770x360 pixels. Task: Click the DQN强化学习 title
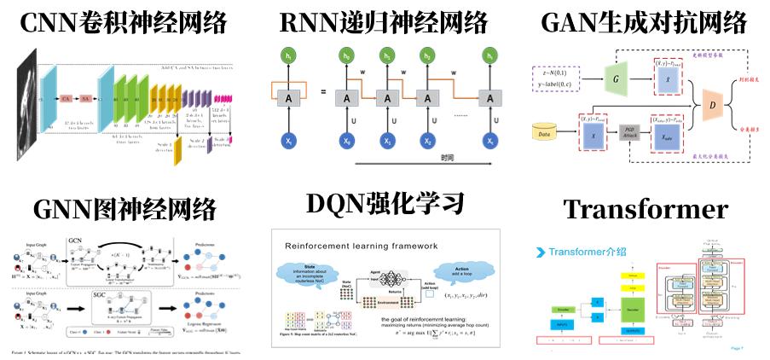(x=385, y=205)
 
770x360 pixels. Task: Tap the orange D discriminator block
(x=713, y=106)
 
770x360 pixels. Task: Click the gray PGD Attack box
(x=628, y=132)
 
